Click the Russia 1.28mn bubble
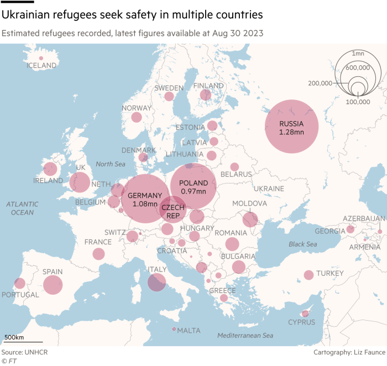point(291,127)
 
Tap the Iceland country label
point(41,66)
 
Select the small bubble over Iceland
point(41,57)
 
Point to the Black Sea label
point(302,244)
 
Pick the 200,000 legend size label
point(320,83)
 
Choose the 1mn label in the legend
point(358,53)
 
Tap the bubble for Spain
point(53,285)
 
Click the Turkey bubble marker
point(308,275)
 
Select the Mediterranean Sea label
point(245,336)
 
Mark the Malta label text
point(189,331)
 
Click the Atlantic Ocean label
point(23,208)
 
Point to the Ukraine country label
point(269,189)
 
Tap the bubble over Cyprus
point(305,313)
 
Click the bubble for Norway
point(137,117)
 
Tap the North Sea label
point(111,164)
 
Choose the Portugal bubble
point(20,284)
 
